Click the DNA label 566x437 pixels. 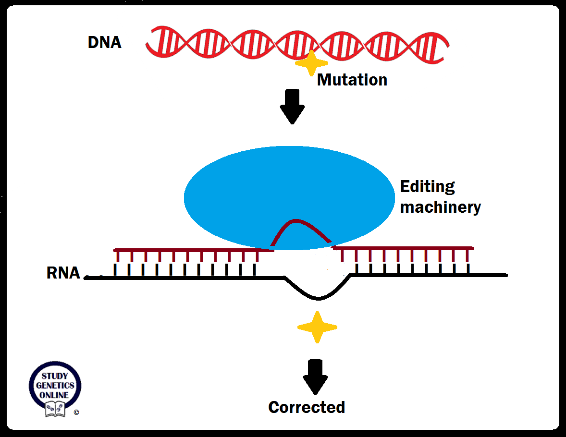click(x=104, y=43)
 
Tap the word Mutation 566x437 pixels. click(x=352, y=80)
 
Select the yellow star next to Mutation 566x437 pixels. click(x=311, y=63)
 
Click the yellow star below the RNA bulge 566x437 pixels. click(x=317, y=328)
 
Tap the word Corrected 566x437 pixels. click(x=307, y=407)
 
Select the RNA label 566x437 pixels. click(x=63, y=273)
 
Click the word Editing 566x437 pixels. click(x=427, y=186)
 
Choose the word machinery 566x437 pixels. click(x=440, y=207)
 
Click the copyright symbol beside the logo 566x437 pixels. click(x=76, y=412)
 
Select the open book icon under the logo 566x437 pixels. click(x=55, y=410)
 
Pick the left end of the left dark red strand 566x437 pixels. click(x=116, y=250)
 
